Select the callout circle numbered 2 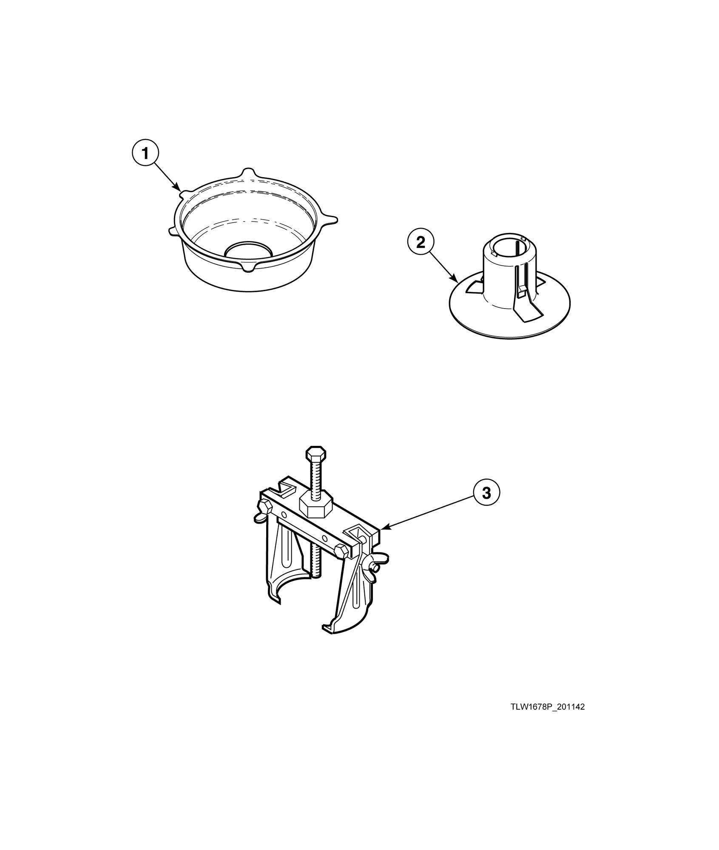point(420,243)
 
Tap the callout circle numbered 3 point(486,493)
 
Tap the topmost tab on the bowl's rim point(248,173)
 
